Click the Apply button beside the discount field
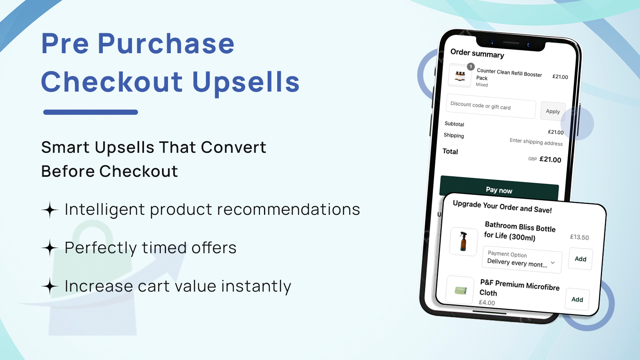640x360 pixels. click(553, 111)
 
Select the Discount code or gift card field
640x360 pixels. click(491, 106)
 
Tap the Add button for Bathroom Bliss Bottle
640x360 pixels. click(580, 259)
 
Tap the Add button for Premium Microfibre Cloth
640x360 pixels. click(577, 299)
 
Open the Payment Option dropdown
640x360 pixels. click(522, 260)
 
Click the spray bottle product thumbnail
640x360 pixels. click(463, 241)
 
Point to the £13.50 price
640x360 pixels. click(579, 237)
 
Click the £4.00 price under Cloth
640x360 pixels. click(487, 303)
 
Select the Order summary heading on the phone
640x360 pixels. click(477, 53)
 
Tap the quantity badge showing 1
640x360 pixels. click(471, 67)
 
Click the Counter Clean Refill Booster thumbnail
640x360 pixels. click(460, 75)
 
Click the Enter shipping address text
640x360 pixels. click(536, 142)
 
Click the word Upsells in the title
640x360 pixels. click(246, 82)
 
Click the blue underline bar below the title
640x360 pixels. click(90, 112)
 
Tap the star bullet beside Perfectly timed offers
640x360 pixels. click(50, 248)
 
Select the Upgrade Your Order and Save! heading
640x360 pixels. click(502, 207)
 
